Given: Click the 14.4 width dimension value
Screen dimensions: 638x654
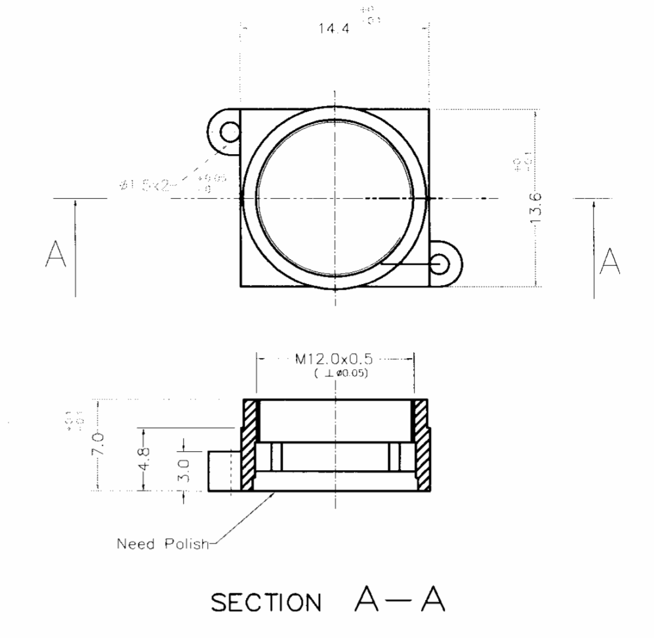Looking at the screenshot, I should [x=334, y=30].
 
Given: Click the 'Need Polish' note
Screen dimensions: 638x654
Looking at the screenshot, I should [x=162, y=544].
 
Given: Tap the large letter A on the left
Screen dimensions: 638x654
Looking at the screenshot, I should [x=56, y=255].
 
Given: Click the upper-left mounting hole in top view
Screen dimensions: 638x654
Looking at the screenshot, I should [x=229, y=133].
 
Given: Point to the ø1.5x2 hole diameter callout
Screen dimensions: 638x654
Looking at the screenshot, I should [x=148, y=186].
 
